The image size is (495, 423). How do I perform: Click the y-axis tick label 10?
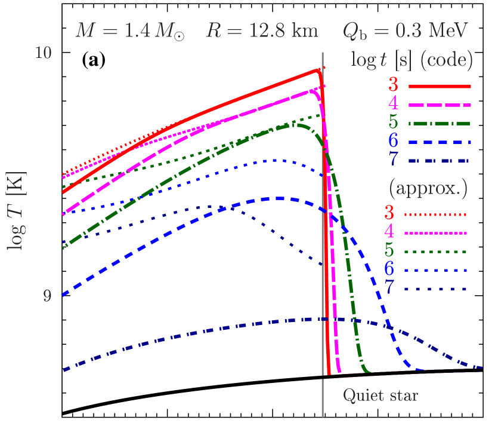43,53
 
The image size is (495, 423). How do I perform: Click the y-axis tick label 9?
47,296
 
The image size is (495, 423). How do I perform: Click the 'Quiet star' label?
380,396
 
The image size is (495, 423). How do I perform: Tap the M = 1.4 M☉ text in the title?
129,30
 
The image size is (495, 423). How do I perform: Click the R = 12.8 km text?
262,30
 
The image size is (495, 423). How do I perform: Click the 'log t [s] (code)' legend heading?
412,60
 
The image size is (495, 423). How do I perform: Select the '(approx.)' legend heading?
428,188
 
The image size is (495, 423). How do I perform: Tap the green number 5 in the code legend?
393,123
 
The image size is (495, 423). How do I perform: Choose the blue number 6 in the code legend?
393,142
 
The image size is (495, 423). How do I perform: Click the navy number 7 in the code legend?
393,161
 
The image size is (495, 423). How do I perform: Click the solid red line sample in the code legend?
440,87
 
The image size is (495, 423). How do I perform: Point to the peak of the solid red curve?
318,69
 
